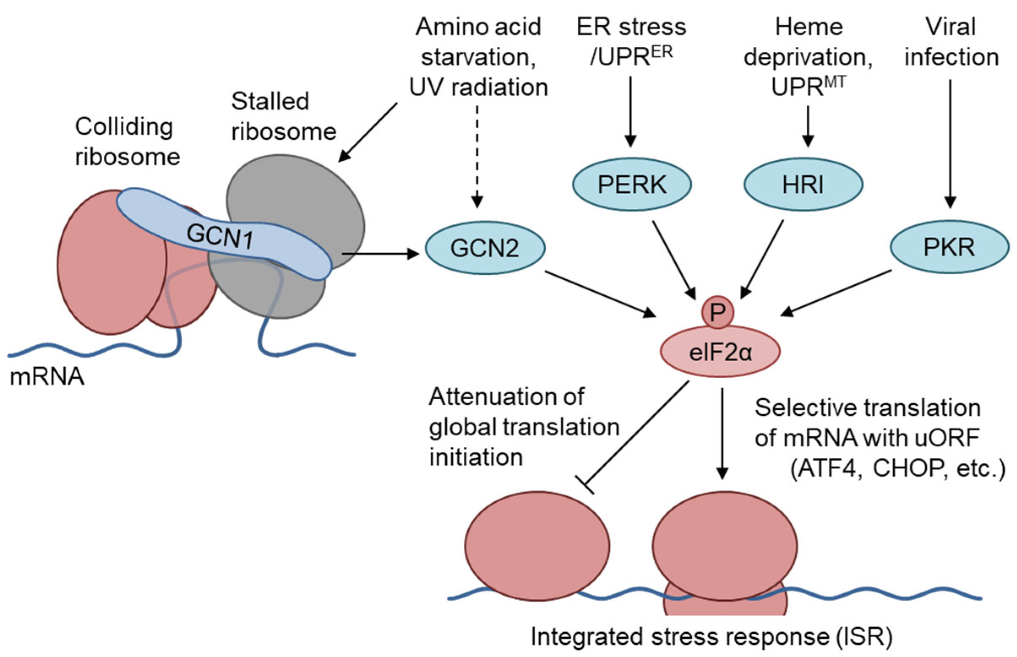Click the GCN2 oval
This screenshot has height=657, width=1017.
(484, 248)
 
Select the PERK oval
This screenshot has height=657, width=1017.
(631, 185)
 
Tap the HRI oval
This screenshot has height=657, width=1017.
(803, 185)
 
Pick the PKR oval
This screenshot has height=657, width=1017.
(949, 247)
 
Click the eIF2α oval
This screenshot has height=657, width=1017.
(720, 352)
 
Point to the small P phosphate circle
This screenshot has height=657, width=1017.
(718, 312)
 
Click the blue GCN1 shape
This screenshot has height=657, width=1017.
(222, 235)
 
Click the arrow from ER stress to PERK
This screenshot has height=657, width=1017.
(631, 111)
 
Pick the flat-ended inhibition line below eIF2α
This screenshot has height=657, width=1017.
(636, 435)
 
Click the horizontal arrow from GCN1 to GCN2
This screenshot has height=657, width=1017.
(380, 254)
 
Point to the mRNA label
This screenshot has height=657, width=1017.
(47, 377)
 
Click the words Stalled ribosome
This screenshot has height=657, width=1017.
(283, 116)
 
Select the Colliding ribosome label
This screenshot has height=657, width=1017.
(127, 142)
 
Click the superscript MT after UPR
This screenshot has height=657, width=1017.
(835, 81)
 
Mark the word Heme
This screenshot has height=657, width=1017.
(809, 27)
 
